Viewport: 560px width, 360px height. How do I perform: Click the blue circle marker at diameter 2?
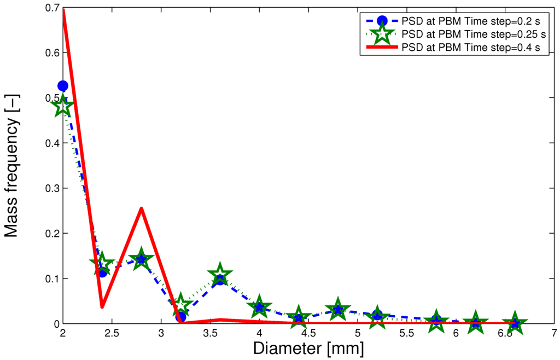tap(63, 86)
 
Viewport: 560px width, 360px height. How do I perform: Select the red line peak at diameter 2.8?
tap(141, 208)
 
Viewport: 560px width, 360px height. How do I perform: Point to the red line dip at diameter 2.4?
tap(102, 306)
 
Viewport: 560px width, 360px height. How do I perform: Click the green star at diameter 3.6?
tap(220, 274)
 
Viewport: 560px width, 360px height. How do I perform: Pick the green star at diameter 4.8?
tap(338, 310)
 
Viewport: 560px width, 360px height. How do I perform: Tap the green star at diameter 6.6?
tap(515, 323)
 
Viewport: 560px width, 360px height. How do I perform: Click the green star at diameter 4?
tap(259, 307)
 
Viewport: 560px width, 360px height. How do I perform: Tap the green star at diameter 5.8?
tap(436, 321)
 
